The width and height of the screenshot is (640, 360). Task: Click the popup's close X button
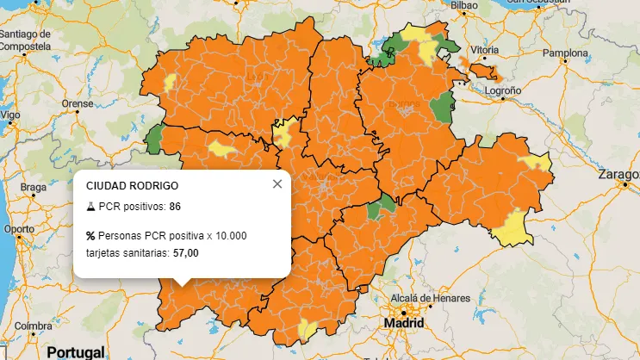(x=277, y=183)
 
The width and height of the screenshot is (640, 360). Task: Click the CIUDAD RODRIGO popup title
(x=133, y=185)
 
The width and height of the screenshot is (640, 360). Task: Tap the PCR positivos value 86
(x=175, y=207)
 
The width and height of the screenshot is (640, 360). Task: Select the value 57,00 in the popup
(x=186, y=253)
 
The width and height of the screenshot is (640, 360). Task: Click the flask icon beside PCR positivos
(x=90, y=207)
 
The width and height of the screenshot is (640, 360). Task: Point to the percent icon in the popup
(x=90, y=236)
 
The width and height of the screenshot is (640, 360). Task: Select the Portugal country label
(x=75, y=351)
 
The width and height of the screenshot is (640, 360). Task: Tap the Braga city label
(x=34, y=187)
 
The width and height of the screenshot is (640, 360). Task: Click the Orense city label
(x=77, y=103)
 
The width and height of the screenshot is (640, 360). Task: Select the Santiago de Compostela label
(x=27, y=40)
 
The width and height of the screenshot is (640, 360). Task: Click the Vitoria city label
(x=485, y=50)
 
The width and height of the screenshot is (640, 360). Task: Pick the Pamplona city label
(x=564, y=53)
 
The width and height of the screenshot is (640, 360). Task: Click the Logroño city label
(x=504, y=90)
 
